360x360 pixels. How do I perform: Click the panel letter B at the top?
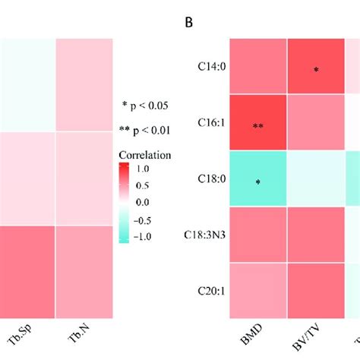(x=189, y=22)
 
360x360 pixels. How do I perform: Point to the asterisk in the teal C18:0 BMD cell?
(x=257, y=183)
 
